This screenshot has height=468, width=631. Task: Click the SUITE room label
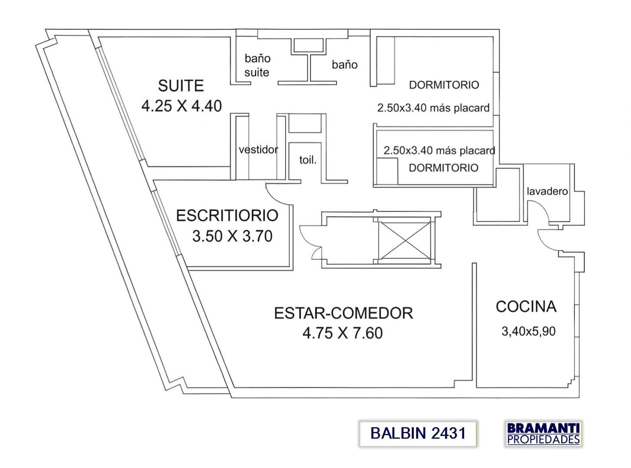[x=181, y=86]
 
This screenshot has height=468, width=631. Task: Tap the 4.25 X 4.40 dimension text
[x=182, y=106]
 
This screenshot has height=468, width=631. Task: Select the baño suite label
[x=257, y=65]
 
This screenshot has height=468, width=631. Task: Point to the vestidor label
[x=258, y=150]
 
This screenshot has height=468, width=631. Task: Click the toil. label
[x=308, y=160]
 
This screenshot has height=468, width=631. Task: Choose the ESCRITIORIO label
[x=227, y=215]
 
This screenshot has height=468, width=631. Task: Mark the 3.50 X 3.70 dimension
[x=232, y=237]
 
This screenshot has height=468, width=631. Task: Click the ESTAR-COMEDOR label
[x=343, y=313]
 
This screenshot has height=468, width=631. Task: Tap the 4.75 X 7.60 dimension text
[x=342, y=333]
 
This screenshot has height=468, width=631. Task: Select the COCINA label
[x=526, y=306]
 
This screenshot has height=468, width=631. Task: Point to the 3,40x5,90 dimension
[x=528, y=332]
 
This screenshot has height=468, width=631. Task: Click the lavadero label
[x=547, y=191]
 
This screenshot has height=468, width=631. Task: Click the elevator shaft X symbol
[x=404, y=240]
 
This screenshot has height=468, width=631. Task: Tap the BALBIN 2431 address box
[x=418, y=433]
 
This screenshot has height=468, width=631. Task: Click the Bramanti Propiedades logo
[x=543, y=433]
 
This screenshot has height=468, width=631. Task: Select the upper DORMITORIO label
[x=444, y=85]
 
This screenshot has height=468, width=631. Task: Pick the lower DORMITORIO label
[x=443, y=168]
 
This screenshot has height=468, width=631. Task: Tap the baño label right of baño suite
[x=345, y=65]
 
